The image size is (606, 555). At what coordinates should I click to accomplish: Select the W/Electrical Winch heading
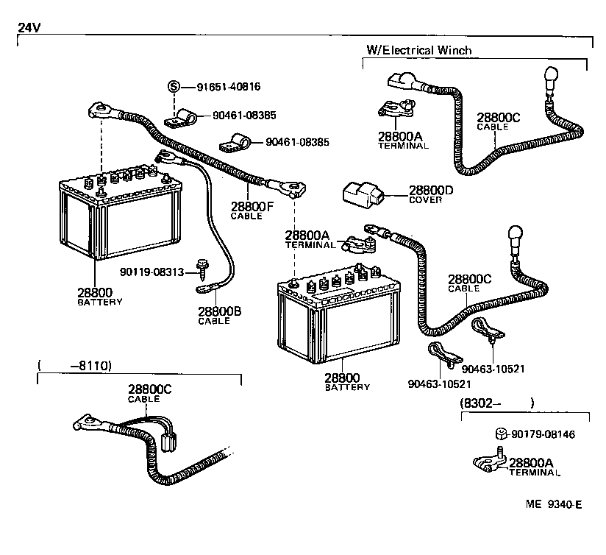click(418, 50)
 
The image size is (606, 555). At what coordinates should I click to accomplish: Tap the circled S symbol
click(174, 86)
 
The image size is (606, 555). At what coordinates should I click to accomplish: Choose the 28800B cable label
click(219, 314)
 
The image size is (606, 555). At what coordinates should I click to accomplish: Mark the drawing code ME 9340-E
click(554, 504)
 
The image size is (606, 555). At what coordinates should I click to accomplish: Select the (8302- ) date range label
click(496, 403)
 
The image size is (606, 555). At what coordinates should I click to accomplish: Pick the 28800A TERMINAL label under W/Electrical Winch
click(402, 140)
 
